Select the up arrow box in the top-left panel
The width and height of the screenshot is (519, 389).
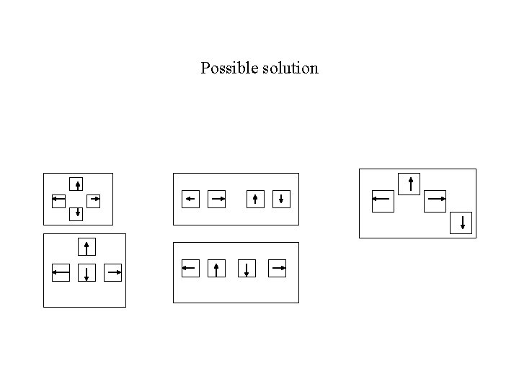point(77,184)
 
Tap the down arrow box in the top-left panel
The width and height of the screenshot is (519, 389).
point(77,213)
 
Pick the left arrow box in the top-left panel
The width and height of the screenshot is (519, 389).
point(59,199)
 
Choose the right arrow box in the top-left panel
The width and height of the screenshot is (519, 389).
point(94,199)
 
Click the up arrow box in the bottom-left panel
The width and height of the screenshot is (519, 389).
point(86,247)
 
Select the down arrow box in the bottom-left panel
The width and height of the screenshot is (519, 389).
point(86,273)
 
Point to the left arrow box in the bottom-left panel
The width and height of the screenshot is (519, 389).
point(61,272)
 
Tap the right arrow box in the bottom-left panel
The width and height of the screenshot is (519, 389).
point(113,272)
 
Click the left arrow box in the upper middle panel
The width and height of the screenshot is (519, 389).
point(190,199)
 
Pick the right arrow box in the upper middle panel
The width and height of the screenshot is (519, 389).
point(218,199)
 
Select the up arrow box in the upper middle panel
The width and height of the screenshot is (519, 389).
point(255,199)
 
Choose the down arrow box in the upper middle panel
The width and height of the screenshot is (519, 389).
point(281,199)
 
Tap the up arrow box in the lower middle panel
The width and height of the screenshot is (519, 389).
point(217,269)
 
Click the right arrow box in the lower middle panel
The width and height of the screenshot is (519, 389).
point(278,268)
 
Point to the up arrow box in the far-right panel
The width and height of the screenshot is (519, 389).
point(409,183)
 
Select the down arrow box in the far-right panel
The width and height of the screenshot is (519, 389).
point(461,223)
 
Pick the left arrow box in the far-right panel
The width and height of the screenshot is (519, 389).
point(383,201)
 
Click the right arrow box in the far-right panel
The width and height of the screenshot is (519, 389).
point(435,201)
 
